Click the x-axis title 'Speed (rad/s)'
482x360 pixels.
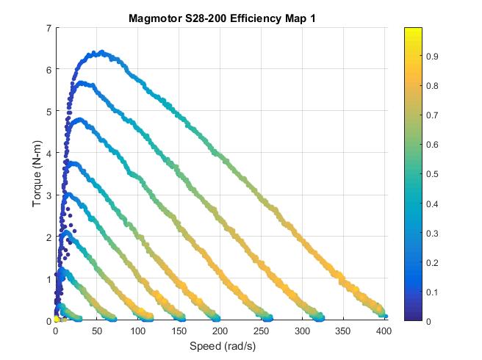point(222,345)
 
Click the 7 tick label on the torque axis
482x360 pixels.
point(47,28)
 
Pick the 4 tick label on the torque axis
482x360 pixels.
point(47,154)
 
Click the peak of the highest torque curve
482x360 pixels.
point(101,52)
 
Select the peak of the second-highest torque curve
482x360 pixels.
point(82,84)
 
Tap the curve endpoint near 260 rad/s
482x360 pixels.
point(268,318)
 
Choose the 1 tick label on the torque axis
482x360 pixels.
point(47,279)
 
